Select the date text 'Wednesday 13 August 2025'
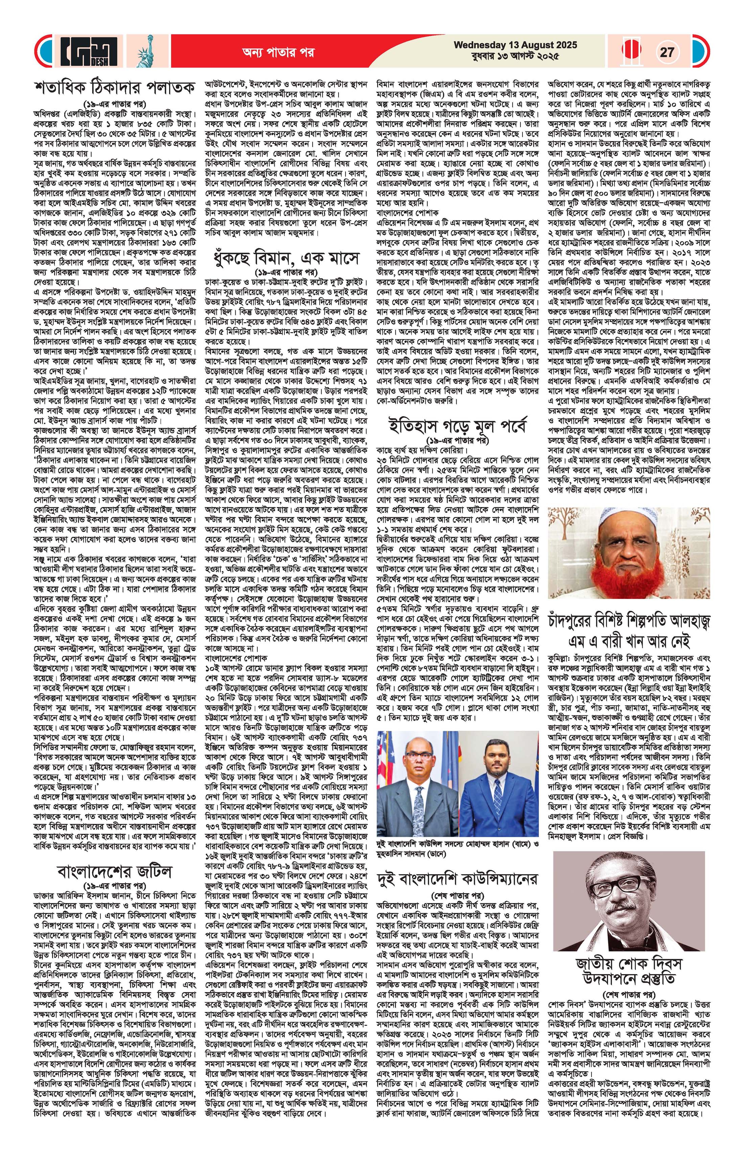[x=515, y=45]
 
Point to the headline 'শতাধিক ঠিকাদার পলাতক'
[x=115, y=88]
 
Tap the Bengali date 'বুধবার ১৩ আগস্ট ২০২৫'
[x=515, y=56]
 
